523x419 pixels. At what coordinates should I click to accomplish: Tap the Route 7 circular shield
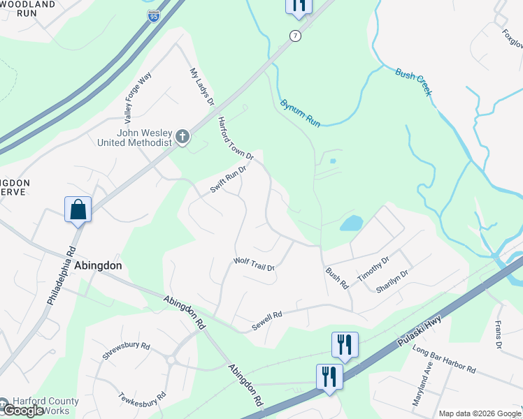point(296,36)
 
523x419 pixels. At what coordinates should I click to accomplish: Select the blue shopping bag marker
point(78,209)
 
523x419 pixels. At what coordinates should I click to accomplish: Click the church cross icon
point(182,136)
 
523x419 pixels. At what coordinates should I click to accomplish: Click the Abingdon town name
point(99,266)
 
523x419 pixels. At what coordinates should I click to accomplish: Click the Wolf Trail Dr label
point(254,264)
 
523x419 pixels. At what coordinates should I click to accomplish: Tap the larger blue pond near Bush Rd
point(351,223)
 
